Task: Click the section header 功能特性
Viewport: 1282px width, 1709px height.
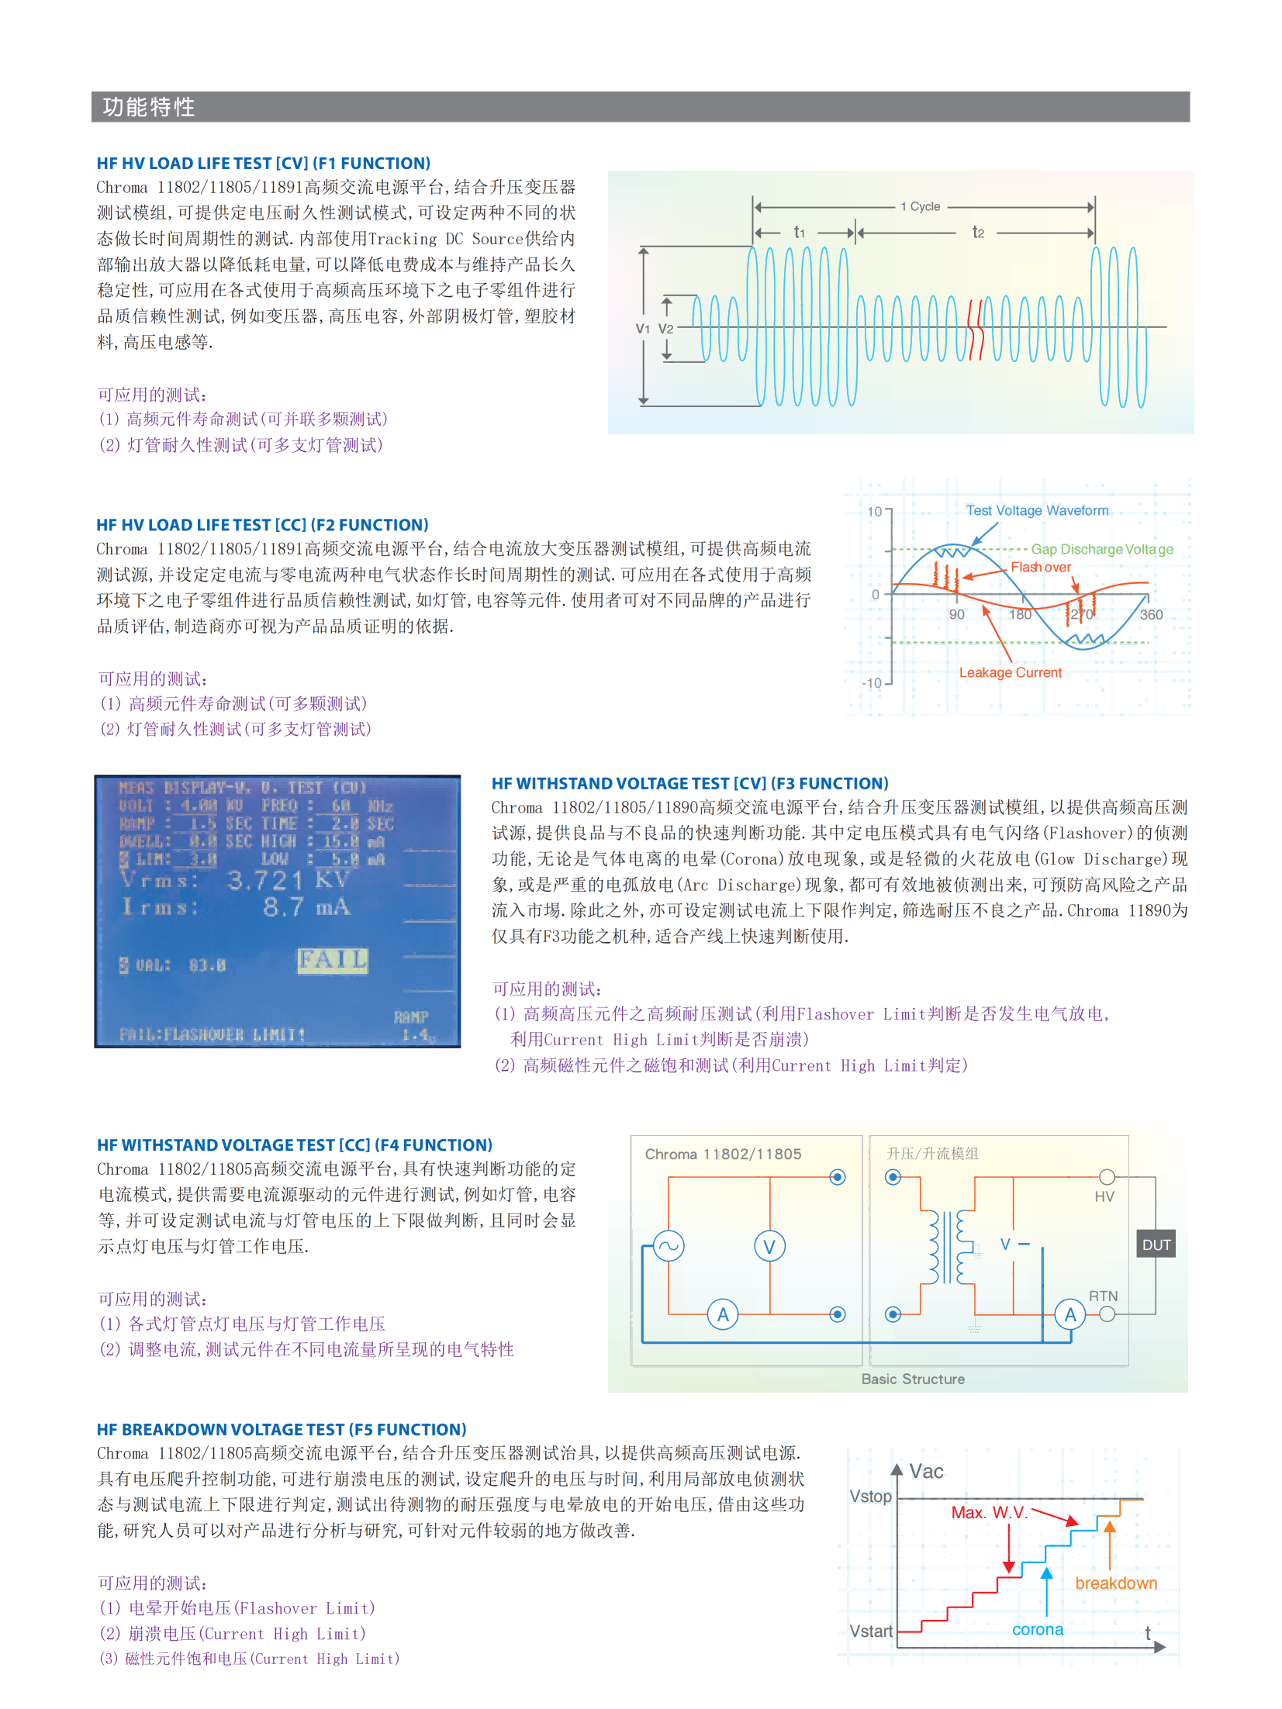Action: [148, 107]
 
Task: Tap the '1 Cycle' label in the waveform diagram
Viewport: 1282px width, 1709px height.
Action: [920, 207]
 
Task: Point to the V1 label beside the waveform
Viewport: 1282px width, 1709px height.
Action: [642, 329]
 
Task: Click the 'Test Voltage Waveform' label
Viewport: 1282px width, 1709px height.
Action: [1036, 510]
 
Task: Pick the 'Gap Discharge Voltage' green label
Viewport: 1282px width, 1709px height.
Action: [1101, 549]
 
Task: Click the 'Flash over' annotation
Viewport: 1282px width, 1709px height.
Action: [1040, 567]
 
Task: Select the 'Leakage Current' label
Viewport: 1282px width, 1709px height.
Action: [1010, 672]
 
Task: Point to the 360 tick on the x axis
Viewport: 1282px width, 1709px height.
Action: [1151, 614]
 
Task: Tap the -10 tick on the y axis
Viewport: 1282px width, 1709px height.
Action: [872, 682]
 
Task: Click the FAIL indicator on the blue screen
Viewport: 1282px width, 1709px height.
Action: [333, 960]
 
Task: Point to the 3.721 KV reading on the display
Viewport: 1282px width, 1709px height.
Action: [288, 879]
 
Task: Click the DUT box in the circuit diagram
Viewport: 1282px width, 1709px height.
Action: [1156, 1245]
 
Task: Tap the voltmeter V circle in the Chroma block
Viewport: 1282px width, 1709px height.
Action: [769, 1247]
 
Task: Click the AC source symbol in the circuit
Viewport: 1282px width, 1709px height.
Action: [668, 1247]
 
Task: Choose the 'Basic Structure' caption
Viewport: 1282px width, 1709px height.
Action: [913, 1379]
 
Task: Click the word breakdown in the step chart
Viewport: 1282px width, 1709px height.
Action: [1115, 1583]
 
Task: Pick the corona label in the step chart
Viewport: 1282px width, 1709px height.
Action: [1037, 1629]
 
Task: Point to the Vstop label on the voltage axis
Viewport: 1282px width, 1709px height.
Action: [870, 1496]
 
